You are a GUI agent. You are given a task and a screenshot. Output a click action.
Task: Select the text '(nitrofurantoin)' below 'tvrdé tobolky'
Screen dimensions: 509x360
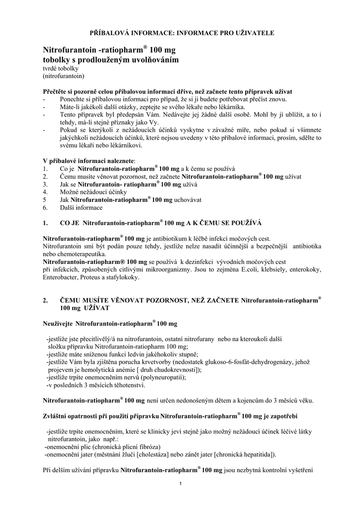coord(64,77)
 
